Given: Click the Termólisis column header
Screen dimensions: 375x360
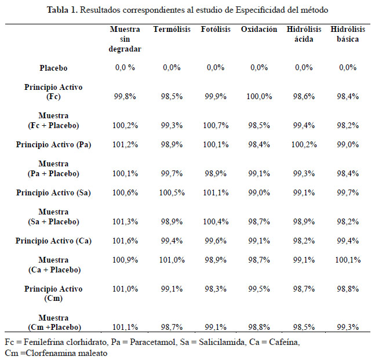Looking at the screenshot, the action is coord(172,29).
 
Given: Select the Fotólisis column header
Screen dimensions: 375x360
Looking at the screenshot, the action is coord(216,29).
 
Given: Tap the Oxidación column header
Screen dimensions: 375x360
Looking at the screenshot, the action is coord(259,29).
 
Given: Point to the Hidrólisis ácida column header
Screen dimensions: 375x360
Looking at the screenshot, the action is coord(304,34).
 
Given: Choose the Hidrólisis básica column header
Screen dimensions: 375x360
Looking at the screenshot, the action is coord(348,34).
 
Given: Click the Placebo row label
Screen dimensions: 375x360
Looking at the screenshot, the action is coord(53,68).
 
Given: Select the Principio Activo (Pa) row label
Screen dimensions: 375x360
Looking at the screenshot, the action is coord(53,145).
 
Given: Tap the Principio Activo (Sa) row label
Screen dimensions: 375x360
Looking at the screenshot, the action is coord(53,193).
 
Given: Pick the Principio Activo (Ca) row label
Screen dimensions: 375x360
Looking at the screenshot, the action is coord(53,241).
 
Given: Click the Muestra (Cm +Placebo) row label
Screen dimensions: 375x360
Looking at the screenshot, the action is coord(54,322).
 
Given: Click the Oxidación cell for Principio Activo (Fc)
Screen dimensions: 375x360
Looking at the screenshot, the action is coord(259,97).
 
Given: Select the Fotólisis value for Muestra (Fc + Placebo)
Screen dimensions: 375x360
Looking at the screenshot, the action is coord(216,125).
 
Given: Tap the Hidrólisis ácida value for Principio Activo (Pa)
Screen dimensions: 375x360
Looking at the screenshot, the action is coord(304,145).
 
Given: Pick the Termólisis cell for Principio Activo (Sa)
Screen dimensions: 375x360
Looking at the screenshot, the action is coord(172,193).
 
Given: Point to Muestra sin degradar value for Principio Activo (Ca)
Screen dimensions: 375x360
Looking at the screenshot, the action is coord(125,241).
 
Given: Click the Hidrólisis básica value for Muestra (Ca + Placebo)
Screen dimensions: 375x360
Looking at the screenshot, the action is coord(348,260).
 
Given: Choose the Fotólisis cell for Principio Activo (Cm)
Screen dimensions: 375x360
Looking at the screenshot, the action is coord(216,289).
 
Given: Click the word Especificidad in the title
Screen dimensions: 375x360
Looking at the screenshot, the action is coord(260,10).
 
